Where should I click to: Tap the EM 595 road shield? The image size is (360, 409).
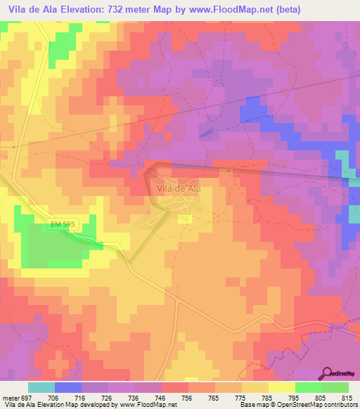(x=62, y=224)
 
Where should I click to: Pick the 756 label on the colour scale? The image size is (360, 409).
(x=187, y=396)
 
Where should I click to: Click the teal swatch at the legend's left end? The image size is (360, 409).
(x=41, y=387)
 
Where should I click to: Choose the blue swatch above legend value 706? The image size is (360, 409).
(x=68, y=387)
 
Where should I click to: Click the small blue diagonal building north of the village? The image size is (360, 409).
(x=205, y=131)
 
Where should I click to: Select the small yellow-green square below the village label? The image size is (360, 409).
(x=185, y=219)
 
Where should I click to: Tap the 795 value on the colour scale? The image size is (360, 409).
(x=295, y=396)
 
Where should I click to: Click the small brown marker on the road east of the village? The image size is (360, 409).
(x=229, y=170)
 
